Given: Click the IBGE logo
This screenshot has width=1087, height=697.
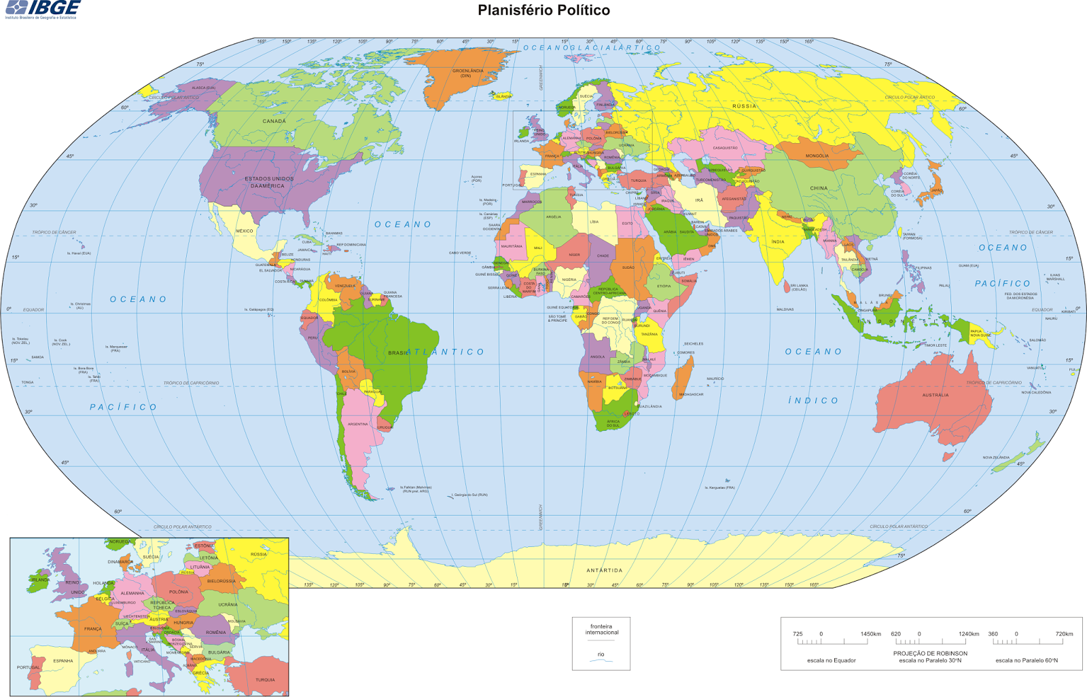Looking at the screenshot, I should coord(42,9).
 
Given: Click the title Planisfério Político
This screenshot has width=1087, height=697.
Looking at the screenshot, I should coord(543,10).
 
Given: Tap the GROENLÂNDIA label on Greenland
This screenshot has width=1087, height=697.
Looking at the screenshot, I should coord(467,71).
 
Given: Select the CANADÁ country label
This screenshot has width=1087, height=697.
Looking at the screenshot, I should coord(274,121).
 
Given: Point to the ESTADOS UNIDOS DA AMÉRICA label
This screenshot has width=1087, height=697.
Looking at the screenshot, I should coord(269,183).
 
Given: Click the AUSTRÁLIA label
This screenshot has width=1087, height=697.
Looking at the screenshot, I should coord(935,395).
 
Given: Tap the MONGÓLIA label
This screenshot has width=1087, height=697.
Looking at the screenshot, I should coord(817,156).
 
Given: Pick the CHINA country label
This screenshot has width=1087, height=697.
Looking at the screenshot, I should coord(819,189).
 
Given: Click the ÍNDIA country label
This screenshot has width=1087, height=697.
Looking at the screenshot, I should coord(778,242).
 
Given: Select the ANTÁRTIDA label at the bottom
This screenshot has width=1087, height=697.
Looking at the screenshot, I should coord(604,570).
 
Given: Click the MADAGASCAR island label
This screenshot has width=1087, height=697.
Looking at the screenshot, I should coord(691,394).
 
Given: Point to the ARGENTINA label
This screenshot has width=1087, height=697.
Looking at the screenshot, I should coord(357,424).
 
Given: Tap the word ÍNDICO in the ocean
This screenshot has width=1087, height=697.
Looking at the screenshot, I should coord(813,401).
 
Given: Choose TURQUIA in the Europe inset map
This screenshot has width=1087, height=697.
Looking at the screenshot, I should coord(265,679).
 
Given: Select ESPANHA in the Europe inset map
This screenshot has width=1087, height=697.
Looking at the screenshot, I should coord(63,660).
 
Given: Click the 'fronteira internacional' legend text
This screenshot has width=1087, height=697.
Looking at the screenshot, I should coord(601,629).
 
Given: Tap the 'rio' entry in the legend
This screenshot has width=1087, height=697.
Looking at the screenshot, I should coord(601,654).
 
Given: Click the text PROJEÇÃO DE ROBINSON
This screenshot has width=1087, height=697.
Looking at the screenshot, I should coord(930,654).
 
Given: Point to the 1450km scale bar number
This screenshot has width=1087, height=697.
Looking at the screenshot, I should coord(870,634).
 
